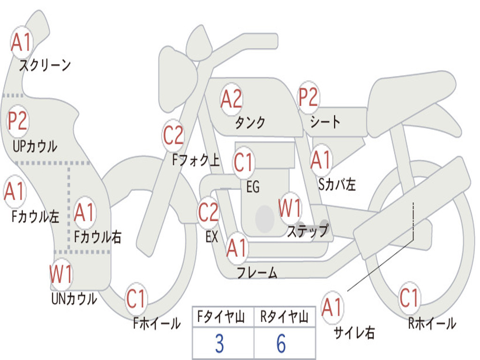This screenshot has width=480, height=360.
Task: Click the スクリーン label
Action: point(45,65)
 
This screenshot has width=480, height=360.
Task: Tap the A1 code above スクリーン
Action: point(21,42)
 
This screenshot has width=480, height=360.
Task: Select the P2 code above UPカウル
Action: point(18,120)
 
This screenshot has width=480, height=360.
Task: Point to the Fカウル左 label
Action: point(35,217)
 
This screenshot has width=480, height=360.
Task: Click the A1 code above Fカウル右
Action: point(84,212)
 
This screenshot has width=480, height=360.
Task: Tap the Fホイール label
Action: point(157,323)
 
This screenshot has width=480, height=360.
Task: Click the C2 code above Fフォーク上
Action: point(173,135)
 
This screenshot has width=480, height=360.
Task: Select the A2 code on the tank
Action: point(231,99)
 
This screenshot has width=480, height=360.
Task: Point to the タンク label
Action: point(250,122)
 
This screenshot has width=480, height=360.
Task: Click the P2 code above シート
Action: point(308,96)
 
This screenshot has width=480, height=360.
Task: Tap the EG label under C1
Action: point(253,187)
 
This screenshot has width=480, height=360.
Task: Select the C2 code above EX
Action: point(208,212)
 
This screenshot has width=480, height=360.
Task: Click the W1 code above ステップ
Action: point(290,208)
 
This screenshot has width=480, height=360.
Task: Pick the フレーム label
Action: point(257,272)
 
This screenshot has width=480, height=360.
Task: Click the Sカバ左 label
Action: point(337,184)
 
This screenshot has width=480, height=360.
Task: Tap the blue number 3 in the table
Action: point(219,344)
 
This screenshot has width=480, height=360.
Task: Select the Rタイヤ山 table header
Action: point(284,317)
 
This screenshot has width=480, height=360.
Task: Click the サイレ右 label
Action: point(354,332)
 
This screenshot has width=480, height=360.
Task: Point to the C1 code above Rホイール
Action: point(408,298)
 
